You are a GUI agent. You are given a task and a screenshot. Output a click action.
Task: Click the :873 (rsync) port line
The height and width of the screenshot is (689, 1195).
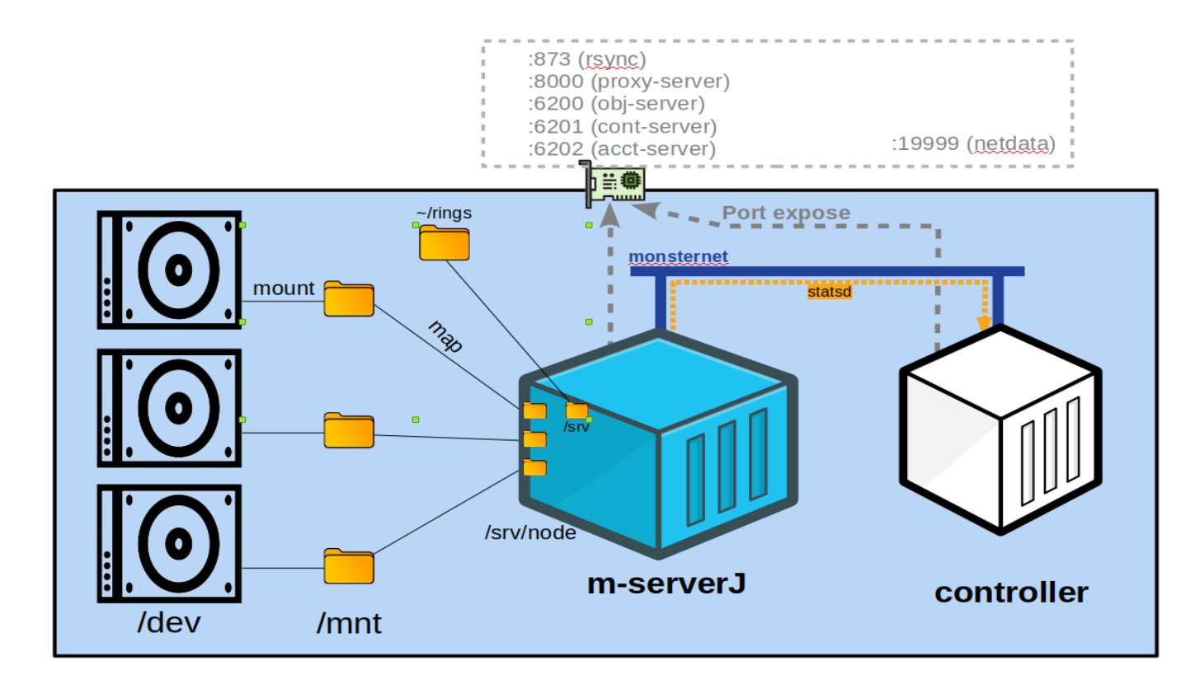[586, 59]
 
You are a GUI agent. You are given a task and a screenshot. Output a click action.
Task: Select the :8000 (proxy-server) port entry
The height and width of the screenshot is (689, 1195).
[629, 82]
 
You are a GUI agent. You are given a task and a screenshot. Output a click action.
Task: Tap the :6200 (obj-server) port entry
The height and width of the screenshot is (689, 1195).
[616, 104]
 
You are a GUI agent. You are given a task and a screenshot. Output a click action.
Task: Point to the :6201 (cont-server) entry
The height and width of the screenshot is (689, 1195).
[622, 127]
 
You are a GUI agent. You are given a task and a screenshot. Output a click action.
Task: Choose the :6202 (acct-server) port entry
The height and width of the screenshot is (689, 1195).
[621, 149]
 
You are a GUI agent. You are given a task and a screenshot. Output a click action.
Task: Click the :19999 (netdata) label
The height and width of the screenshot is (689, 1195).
[973, 144]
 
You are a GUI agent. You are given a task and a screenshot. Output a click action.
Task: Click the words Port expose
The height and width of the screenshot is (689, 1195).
[786, 213]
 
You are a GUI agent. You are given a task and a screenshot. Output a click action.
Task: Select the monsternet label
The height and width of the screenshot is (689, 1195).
[678, 257]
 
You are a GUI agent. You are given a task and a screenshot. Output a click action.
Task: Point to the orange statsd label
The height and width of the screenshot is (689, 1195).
[829, 291]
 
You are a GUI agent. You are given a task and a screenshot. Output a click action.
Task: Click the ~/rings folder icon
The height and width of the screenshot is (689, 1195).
[444, 242]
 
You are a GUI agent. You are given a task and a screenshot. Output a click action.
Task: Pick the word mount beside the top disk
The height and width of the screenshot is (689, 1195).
[284, 288]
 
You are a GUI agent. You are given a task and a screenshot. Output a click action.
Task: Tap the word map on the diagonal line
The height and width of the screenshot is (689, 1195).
[445, 336]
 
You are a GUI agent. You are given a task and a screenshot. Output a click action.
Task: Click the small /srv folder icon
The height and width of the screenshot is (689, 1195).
[576, 410]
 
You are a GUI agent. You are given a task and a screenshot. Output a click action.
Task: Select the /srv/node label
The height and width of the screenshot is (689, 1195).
[529, 532]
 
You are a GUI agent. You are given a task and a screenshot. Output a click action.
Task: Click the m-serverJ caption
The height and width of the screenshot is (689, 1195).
[666, 584]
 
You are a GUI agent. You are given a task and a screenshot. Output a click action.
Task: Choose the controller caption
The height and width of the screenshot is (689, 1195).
[1010, 592]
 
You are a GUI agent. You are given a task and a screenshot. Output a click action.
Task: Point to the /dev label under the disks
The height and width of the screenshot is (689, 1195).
[168, 622]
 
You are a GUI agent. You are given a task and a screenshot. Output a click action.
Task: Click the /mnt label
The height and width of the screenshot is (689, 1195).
[349, 623]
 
